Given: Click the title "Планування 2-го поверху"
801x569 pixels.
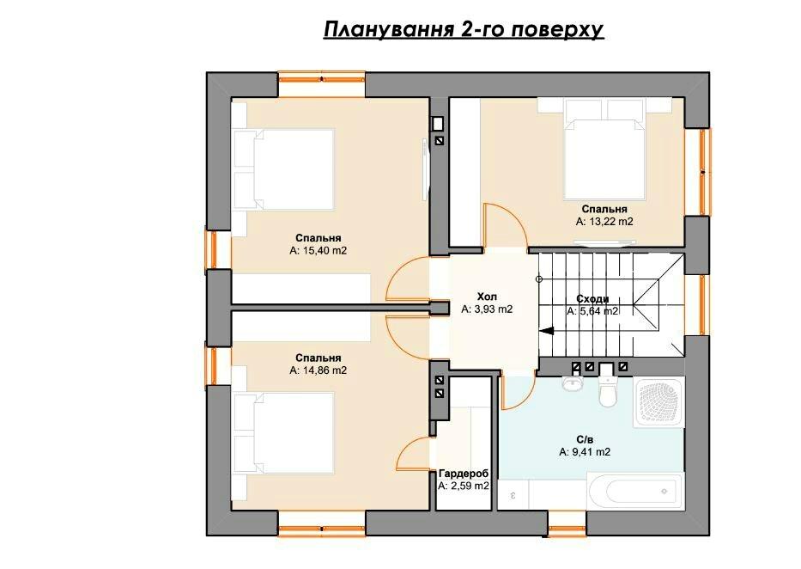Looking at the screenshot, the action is click(464, 29).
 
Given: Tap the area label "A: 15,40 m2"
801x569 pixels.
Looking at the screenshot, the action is click(319, 251).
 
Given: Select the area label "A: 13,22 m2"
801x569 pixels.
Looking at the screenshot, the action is click(604, 222).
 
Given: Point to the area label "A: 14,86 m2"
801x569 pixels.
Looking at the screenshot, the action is click(318, 370).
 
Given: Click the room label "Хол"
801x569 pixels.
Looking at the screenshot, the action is click(487, 297).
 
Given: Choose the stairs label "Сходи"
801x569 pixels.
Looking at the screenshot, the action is click(592, 299).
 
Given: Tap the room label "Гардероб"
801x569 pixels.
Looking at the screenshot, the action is click(464, 473).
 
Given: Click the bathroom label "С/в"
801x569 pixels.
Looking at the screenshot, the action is click(585, 440).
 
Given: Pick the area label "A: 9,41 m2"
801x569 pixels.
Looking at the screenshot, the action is click(585, 452).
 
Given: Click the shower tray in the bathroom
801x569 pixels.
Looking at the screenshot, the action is click(658, 402).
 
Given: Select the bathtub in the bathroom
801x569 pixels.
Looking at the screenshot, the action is click(635, 492).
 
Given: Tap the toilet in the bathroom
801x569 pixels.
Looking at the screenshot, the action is click(607, 389).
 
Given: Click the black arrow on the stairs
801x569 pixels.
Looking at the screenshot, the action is click(547, 331).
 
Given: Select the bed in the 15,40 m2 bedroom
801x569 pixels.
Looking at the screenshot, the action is click(283, 169).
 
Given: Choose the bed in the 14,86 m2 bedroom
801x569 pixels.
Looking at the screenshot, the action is click(283, 432).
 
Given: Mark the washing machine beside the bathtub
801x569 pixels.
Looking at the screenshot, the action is click(513, 495).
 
